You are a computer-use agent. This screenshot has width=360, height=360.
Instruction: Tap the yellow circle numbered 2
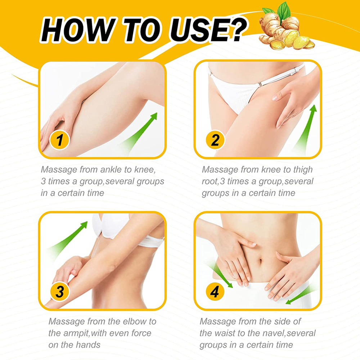(215, 140)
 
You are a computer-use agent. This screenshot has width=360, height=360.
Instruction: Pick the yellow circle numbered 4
(215, 292)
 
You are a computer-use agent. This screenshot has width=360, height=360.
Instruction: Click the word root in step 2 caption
(210, 181)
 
